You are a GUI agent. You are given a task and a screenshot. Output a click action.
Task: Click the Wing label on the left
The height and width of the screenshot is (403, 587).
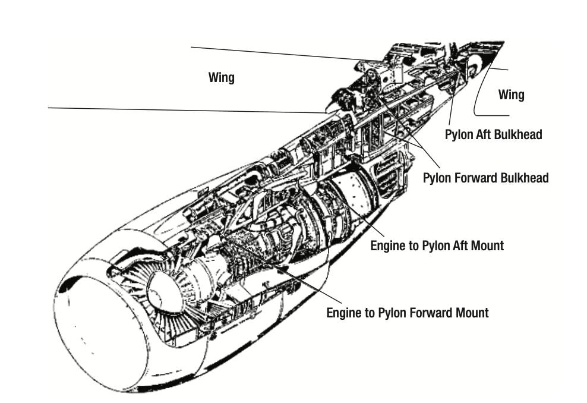click(x=221, y=77)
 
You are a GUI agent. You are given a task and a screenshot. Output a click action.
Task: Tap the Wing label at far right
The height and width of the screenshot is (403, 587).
click(x=511, y=95)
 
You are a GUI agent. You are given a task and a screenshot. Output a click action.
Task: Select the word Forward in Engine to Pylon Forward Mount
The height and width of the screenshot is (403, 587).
click(x=430, y=313)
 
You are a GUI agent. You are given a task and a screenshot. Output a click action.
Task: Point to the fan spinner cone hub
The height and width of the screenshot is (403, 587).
click(x=165, y=292)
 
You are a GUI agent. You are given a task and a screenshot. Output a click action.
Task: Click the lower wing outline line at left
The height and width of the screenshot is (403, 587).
click(x=187, y=110)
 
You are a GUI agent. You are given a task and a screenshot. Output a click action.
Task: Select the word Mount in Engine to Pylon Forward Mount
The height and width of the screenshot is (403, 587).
click(x=472, y=313)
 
